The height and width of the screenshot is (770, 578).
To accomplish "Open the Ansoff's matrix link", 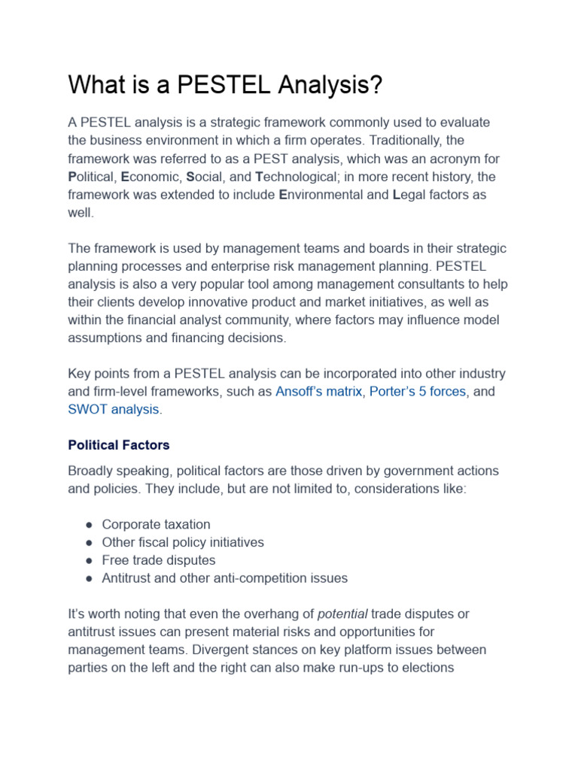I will (318, 392).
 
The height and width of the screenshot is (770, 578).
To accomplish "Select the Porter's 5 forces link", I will (418, 392).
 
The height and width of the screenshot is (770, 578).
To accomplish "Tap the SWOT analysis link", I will (114, 410).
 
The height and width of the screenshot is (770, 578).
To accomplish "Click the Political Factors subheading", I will (119, 445).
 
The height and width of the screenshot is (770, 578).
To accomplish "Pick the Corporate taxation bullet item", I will (156, 524).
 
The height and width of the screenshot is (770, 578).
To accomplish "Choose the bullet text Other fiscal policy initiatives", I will (183, 542).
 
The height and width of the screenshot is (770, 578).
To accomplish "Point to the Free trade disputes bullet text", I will (159, 560).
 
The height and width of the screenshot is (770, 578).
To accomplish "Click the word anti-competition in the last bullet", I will (251, 578).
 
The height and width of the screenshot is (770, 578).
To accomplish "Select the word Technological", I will (301, 177).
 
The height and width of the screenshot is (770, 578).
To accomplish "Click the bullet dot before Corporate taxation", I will (89, 525).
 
